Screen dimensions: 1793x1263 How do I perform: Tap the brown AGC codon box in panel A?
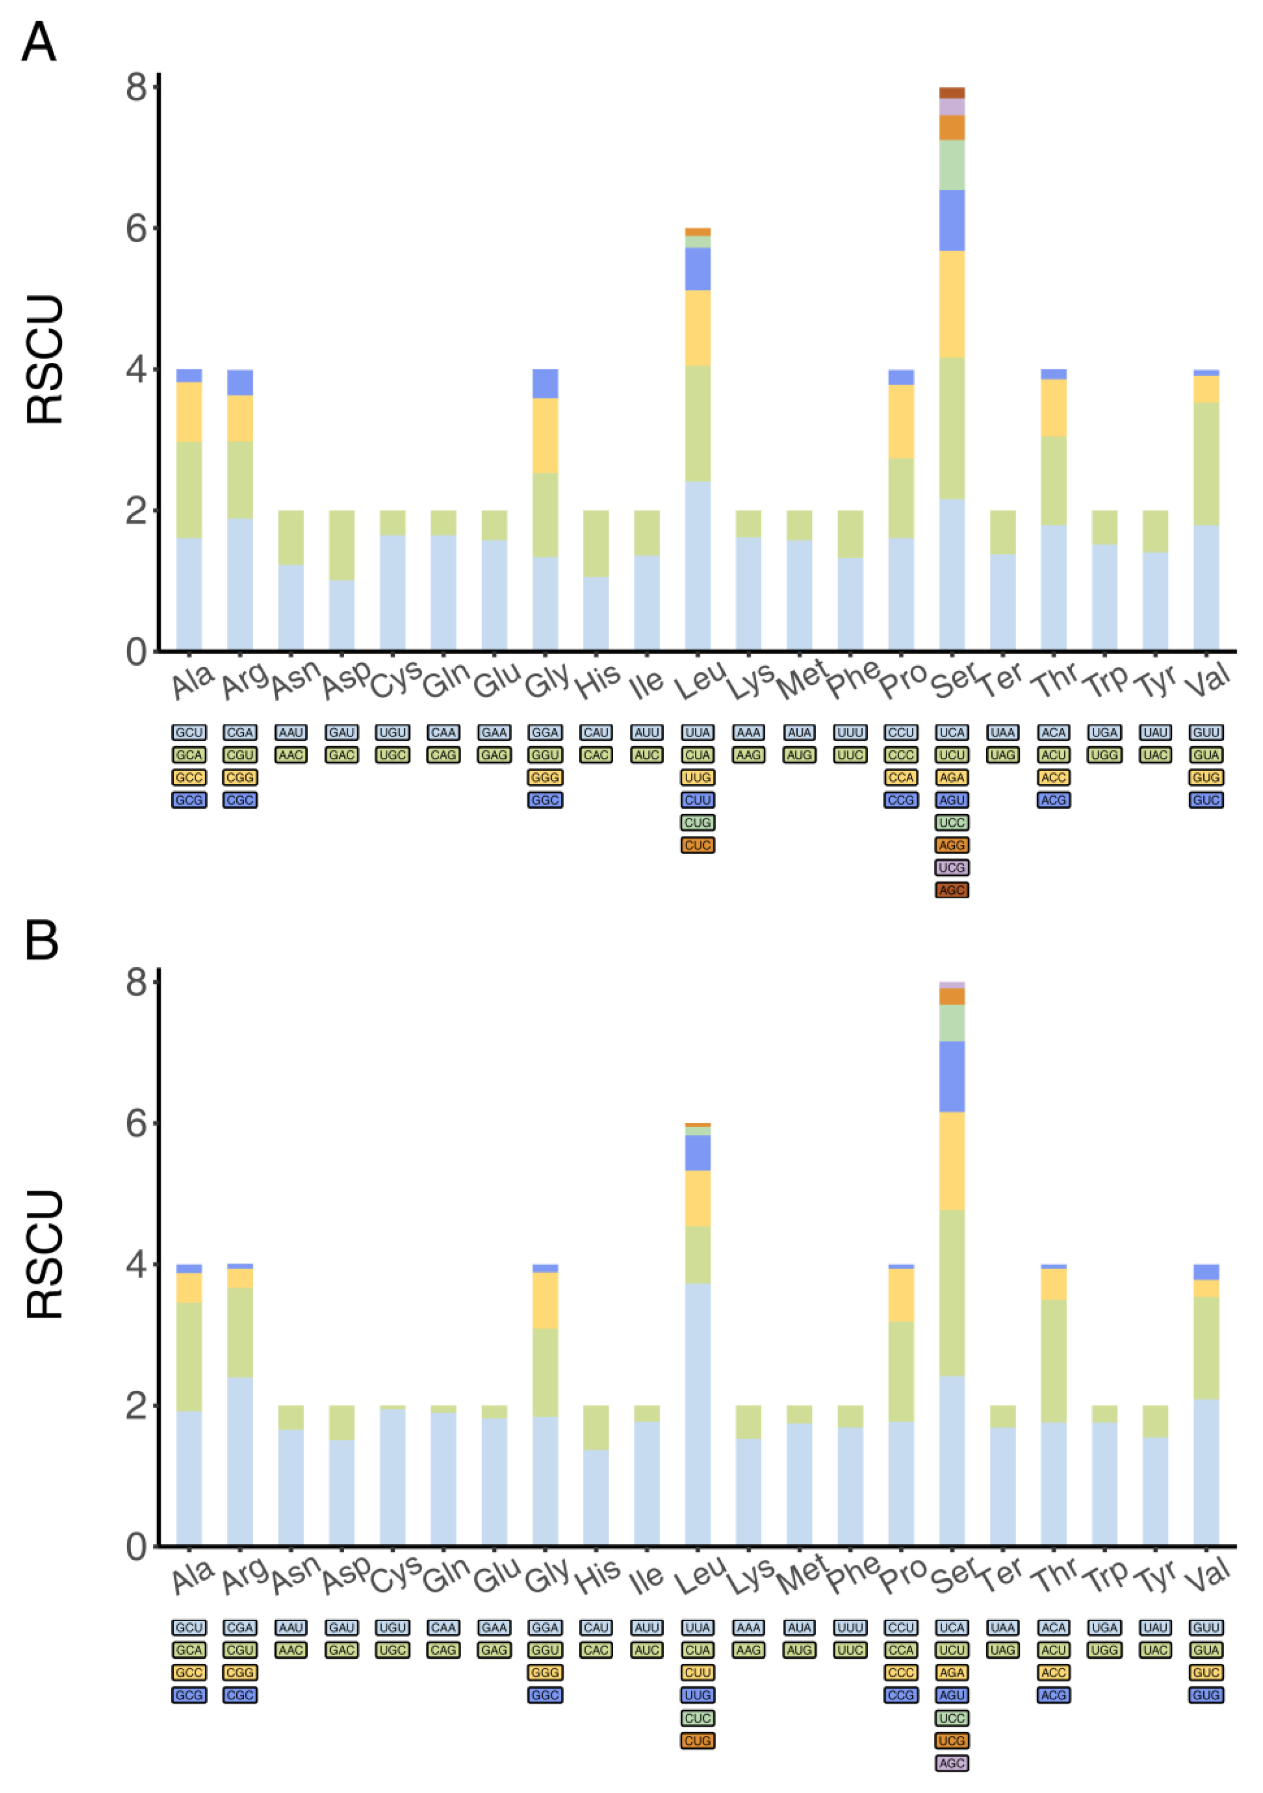click(951, 890)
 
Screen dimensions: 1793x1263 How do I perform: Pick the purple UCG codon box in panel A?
click(951, 867)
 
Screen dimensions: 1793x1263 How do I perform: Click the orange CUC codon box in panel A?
click(697, 845)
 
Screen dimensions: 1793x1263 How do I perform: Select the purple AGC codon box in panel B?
click(951, 1763)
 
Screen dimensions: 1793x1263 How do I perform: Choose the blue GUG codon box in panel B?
click(1206, 1695)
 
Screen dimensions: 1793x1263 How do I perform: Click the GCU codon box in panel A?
click(189, 733)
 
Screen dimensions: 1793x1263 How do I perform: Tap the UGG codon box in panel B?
click(1104, 1650)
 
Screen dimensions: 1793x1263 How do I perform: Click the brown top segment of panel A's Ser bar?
click(951, 93)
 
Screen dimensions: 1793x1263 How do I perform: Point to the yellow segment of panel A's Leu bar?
click(697, 328)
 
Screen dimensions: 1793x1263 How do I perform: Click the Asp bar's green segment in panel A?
click(341, 545)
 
